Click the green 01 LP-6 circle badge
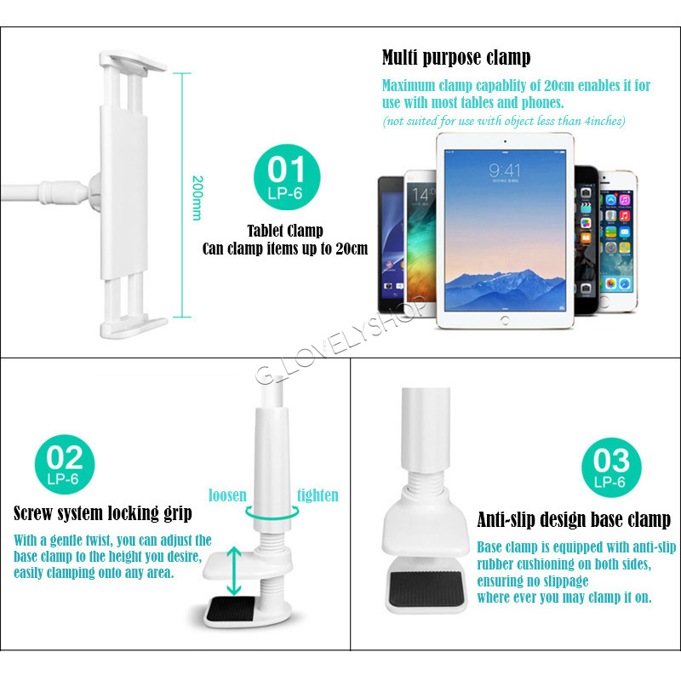click(x=287, y=177)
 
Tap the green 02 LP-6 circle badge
click(x=65, y=464)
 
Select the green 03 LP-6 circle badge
click(x=611, y=467)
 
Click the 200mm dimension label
click(x=197, y=197)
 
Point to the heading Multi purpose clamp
click(x=456, y=58)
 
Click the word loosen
click(x=227, y=495)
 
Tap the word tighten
click(x=318, y=495)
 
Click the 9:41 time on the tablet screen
click(x=504, y=170)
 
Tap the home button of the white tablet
click(x=505, y=321)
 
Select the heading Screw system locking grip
click(x=103, y=513)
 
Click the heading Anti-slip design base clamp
click(x=574, y=519)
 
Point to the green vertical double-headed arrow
click(x=233, y=570)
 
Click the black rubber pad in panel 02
click(x=230, y=608)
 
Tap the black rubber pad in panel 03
click(x=427, y=588)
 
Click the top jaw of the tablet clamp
click(x=133, y=60)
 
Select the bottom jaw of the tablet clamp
click(x=134, y=328)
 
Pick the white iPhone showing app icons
click(x=618, y=241)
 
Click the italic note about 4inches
click(x=504, y=121)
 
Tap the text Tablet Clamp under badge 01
click(x=285, y=231)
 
